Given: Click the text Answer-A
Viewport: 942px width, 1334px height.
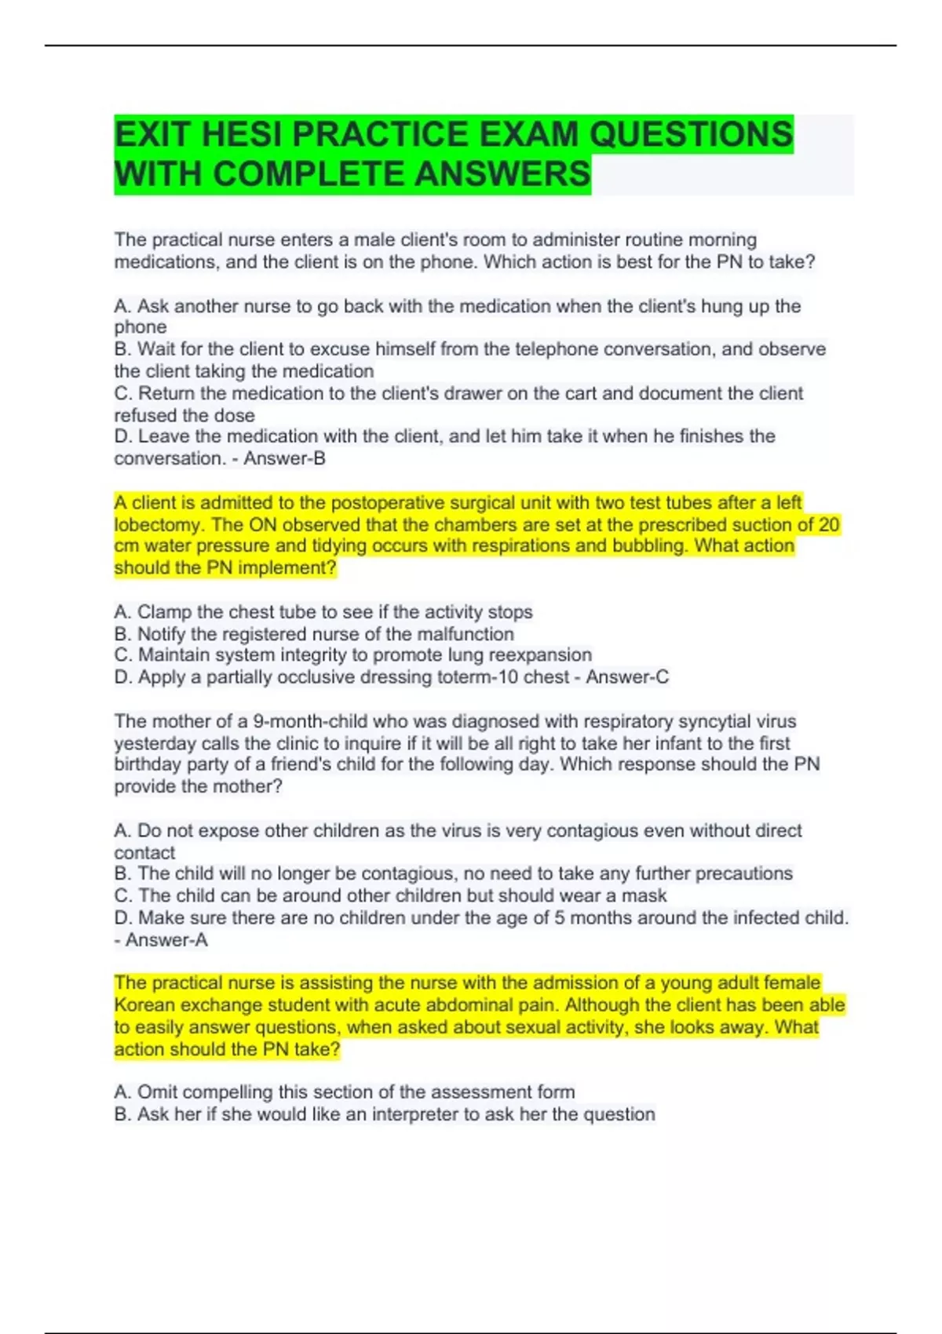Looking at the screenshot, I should pos(166,940).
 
